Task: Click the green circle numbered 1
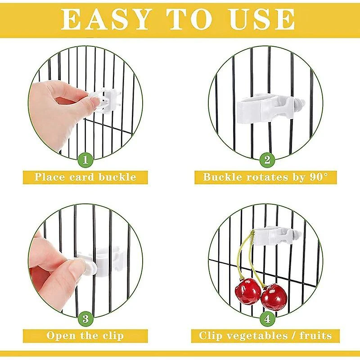coord(85,159)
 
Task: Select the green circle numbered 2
coord(267,159)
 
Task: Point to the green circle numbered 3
coord(85,319)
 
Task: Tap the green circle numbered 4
coord(267,319)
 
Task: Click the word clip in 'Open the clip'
coord(113,336)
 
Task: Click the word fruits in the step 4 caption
coord(316,336)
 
